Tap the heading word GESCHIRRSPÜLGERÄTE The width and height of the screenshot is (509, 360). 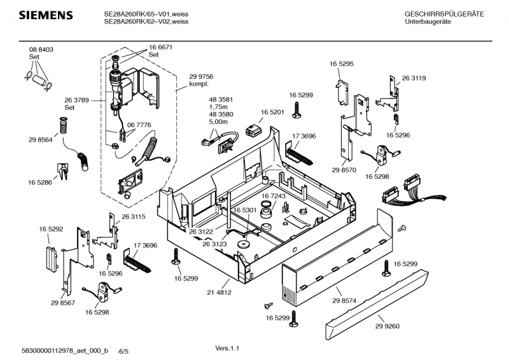tap(444, 14)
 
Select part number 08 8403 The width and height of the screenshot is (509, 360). tap(41, 50)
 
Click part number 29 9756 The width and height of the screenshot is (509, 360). tap(200, 76)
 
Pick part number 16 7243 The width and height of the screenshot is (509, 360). tap(273, 195)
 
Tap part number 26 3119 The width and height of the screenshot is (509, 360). tap(414, 78)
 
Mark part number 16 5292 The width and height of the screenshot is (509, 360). tap(51, 228)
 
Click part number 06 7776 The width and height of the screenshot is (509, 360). tap(139, 125)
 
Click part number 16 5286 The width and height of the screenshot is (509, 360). tap(40, 183)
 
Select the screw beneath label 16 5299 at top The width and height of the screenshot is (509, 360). tap(296, 110)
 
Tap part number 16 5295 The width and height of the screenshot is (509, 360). tap(341, 64)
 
